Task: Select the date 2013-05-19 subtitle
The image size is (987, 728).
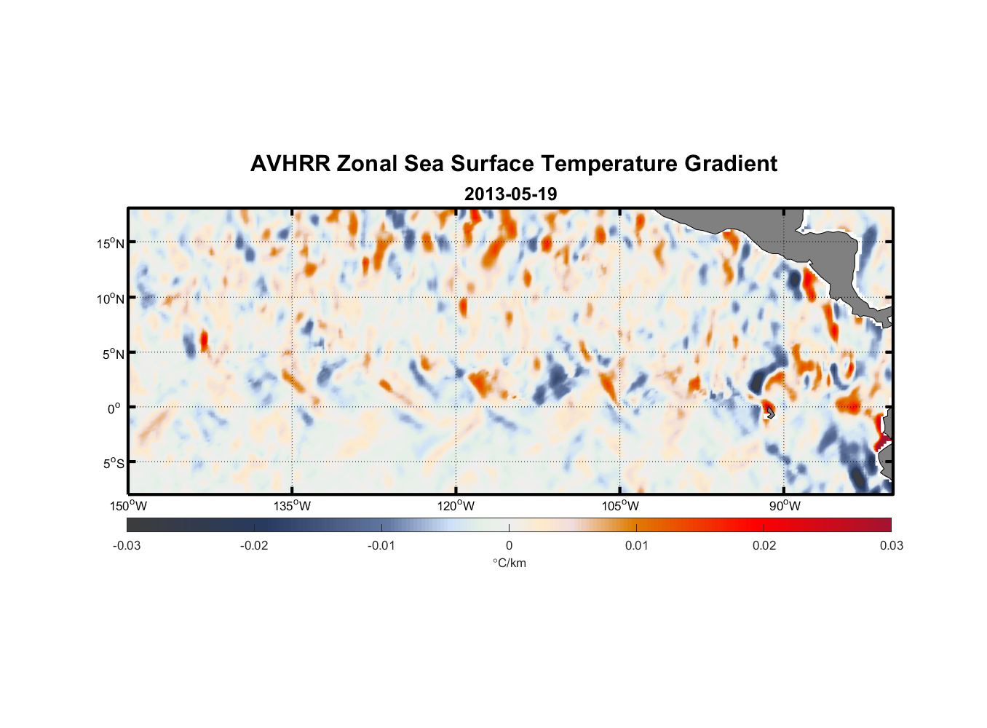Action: pos(510,194)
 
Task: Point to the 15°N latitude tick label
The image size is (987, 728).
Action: pos(111,243)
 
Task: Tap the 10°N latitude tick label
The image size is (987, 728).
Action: pos(111,298)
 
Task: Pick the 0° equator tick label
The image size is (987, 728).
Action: pos(114,408)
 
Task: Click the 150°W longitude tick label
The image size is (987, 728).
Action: pos(128,506)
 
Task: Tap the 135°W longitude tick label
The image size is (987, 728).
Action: pos(293,506)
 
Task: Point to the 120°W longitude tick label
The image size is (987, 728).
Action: pos(456,506)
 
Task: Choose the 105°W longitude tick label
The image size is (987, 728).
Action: pos(620,506)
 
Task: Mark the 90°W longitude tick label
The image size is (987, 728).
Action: pos(785,506)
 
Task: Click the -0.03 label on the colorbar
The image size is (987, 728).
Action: pos(127,545)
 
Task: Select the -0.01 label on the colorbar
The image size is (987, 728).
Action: pos(381,545)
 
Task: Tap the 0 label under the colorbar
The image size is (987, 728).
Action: pos(509,545)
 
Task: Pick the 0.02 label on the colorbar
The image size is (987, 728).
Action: pos(764,545)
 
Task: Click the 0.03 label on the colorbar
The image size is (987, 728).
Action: pos(891,545)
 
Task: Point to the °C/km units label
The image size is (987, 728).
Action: pos(510,563)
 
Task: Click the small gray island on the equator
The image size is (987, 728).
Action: pos(770,413)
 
